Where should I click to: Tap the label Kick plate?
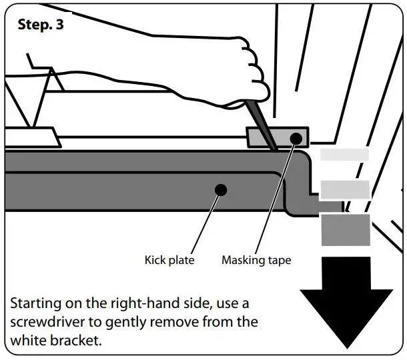169,260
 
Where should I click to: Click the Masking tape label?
256,260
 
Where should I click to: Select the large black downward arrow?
346,300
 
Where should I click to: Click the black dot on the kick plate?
221,191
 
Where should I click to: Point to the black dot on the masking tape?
296,138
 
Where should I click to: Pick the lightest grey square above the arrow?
345,155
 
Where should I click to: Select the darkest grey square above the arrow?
346,229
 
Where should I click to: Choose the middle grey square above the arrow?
345,189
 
